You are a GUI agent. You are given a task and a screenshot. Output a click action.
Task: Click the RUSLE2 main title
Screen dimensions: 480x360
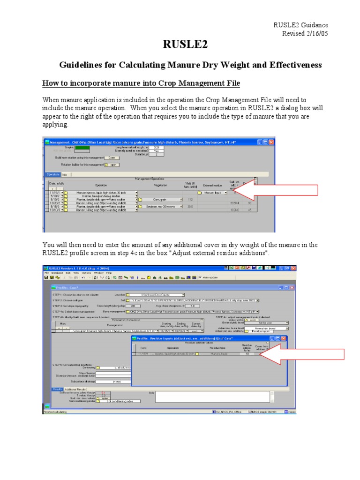click(x=185, y=45)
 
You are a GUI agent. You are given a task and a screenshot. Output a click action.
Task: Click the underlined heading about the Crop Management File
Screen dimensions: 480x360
click(x=141, y=83)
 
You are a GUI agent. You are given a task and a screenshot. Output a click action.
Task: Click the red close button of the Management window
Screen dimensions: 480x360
click(x=271, y=142)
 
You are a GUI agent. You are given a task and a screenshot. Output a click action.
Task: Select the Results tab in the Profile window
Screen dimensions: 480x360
click(x=57, y=389)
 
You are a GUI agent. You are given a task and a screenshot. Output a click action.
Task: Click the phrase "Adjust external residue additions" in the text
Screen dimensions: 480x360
click(x=216, y=253)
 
